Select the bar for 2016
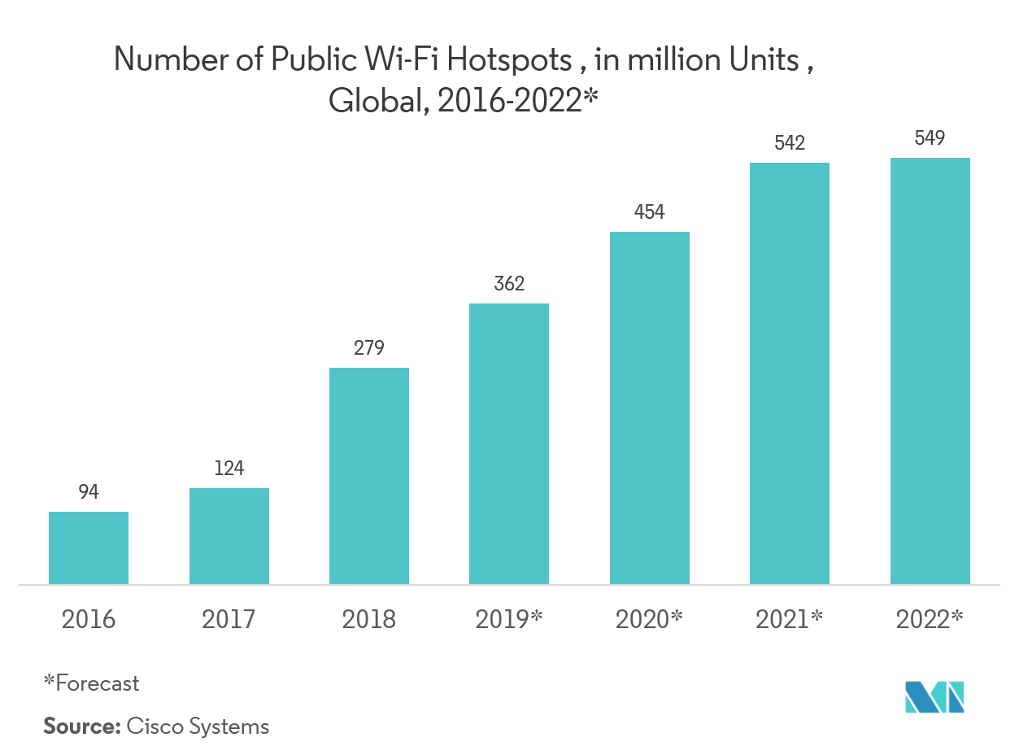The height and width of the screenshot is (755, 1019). (x=89, y=548)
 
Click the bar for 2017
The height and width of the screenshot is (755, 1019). (x=229, y=536)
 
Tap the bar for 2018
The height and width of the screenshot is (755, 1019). (x=369, y=476)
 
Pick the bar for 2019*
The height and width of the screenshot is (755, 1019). (x=509, y=443)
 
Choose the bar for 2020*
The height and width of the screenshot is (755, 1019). (x=650, y=408)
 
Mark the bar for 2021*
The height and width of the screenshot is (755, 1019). (x=790, y=373)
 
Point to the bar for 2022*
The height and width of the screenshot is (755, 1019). (x=930, y=371)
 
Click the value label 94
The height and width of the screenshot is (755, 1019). (x=89, y=492)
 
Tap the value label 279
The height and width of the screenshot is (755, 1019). (x=369, y=348)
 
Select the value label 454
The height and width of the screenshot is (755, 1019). (x=650, y=212)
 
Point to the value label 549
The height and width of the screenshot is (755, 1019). (x=930, y=138)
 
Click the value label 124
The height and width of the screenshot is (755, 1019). (x=229, y=469)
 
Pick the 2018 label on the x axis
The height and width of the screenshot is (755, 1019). (x=369, y=620)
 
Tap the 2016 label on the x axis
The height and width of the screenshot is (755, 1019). (x=89, y=620)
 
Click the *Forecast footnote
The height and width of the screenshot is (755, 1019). (x=91, y=683)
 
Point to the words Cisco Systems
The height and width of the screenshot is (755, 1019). (x=198, y=726)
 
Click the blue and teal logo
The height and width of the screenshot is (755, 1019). (x=935, y=696)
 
